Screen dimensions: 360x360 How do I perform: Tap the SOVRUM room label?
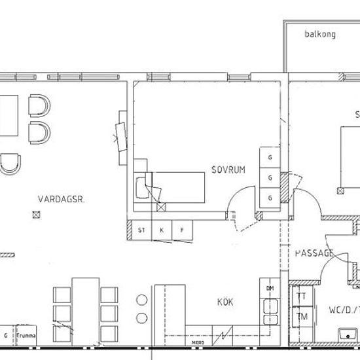tap(228, 170)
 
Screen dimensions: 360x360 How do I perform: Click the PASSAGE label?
tap(314, 253)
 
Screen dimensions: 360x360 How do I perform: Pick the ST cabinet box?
tap(141, 230)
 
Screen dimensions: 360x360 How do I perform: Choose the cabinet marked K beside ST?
tap(161, 230)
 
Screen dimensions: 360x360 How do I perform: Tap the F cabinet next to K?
tap(182, 230)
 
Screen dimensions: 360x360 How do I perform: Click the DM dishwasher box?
tap(269, 288)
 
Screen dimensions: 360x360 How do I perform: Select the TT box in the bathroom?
tap(301, 296)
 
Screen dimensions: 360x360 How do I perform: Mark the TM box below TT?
tap(301, 316)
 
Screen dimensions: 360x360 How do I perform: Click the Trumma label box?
tap(27, 335)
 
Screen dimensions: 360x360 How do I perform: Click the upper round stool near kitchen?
tap(142, 301)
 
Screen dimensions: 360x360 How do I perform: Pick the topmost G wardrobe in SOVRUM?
tap(269, 157)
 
